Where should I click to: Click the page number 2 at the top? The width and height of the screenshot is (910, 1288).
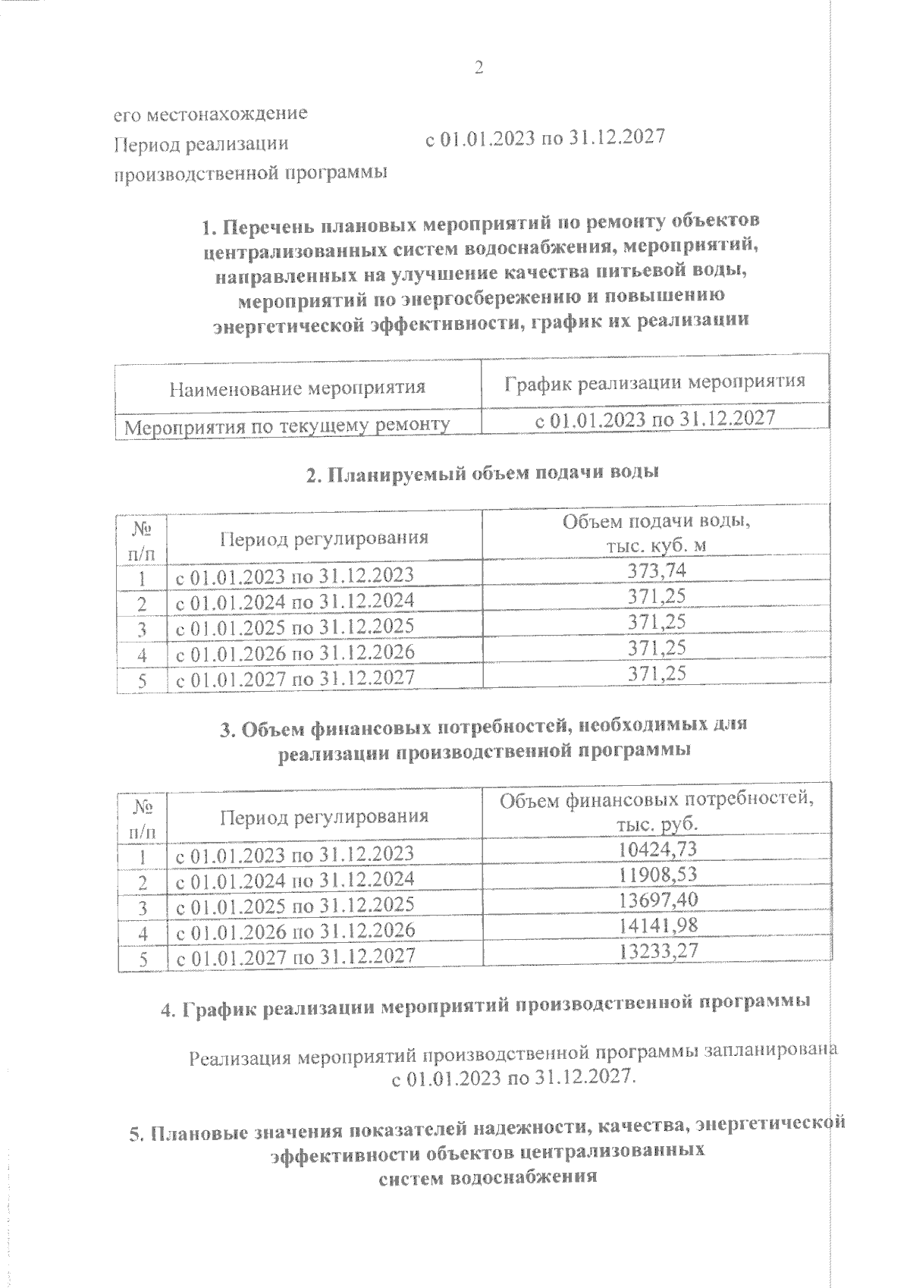click(479, 68)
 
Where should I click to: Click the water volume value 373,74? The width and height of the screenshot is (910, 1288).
click(657, 570)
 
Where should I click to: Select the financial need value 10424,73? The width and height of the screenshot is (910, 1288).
click(657, 849)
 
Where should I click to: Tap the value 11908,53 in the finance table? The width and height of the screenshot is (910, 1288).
click(657, 875)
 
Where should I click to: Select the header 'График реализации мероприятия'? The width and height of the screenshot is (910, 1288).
click(655, 382)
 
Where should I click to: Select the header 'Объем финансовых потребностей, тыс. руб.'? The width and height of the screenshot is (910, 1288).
click(657, 812)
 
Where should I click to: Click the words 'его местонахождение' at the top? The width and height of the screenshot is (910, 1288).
click(210, 114)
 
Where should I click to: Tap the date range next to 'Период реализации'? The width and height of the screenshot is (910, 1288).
click(544, 139)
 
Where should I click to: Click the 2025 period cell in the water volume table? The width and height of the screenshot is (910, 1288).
click(295, 627)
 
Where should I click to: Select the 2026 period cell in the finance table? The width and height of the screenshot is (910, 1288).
click(295, 931)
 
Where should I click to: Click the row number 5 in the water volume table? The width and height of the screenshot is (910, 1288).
click(142, 680)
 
